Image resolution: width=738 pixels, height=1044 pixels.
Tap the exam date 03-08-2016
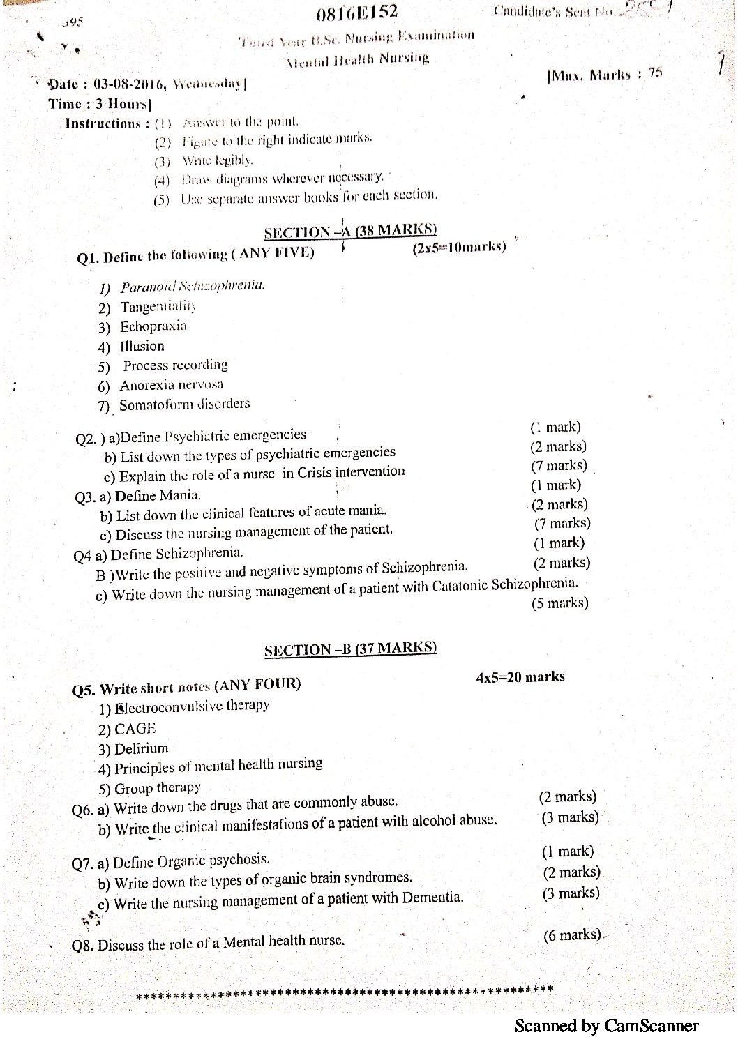coord(128,84)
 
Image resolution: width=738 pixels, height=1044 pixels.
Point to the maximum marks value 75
coord(654,73)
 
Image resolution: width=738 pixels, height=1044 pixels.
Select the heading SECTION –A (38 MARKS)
coord(350,231)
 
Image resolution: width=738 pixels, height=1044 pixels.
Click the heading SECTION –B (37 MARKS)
coord(350,649)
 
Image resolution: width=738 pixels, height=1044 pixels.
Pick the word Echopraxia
coord(153,326)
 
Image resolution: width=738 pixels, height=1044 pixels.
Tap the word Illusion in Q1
coord(142,346)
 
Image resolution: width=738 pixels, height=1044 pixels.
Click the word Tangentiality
coord(158,307)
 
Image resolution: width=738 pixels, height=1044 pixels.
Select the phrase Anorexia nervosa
coord(172,385)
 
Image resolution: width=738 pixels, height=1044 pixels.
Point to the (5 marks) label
coord(559,604)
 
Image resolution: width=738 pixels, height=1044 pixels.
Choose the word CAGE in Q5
coord(135,729)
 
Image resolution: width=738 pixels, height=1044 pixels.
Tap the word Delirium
coord(142,749)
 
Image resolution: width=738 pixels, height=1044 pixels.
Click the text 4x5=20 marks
coord(520,677)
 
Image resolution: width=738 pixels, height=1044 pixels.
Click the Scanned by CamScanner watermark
coord(606,1026)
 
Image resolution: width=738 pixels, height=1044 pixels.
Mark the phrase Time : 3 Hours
coord(100,104)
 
